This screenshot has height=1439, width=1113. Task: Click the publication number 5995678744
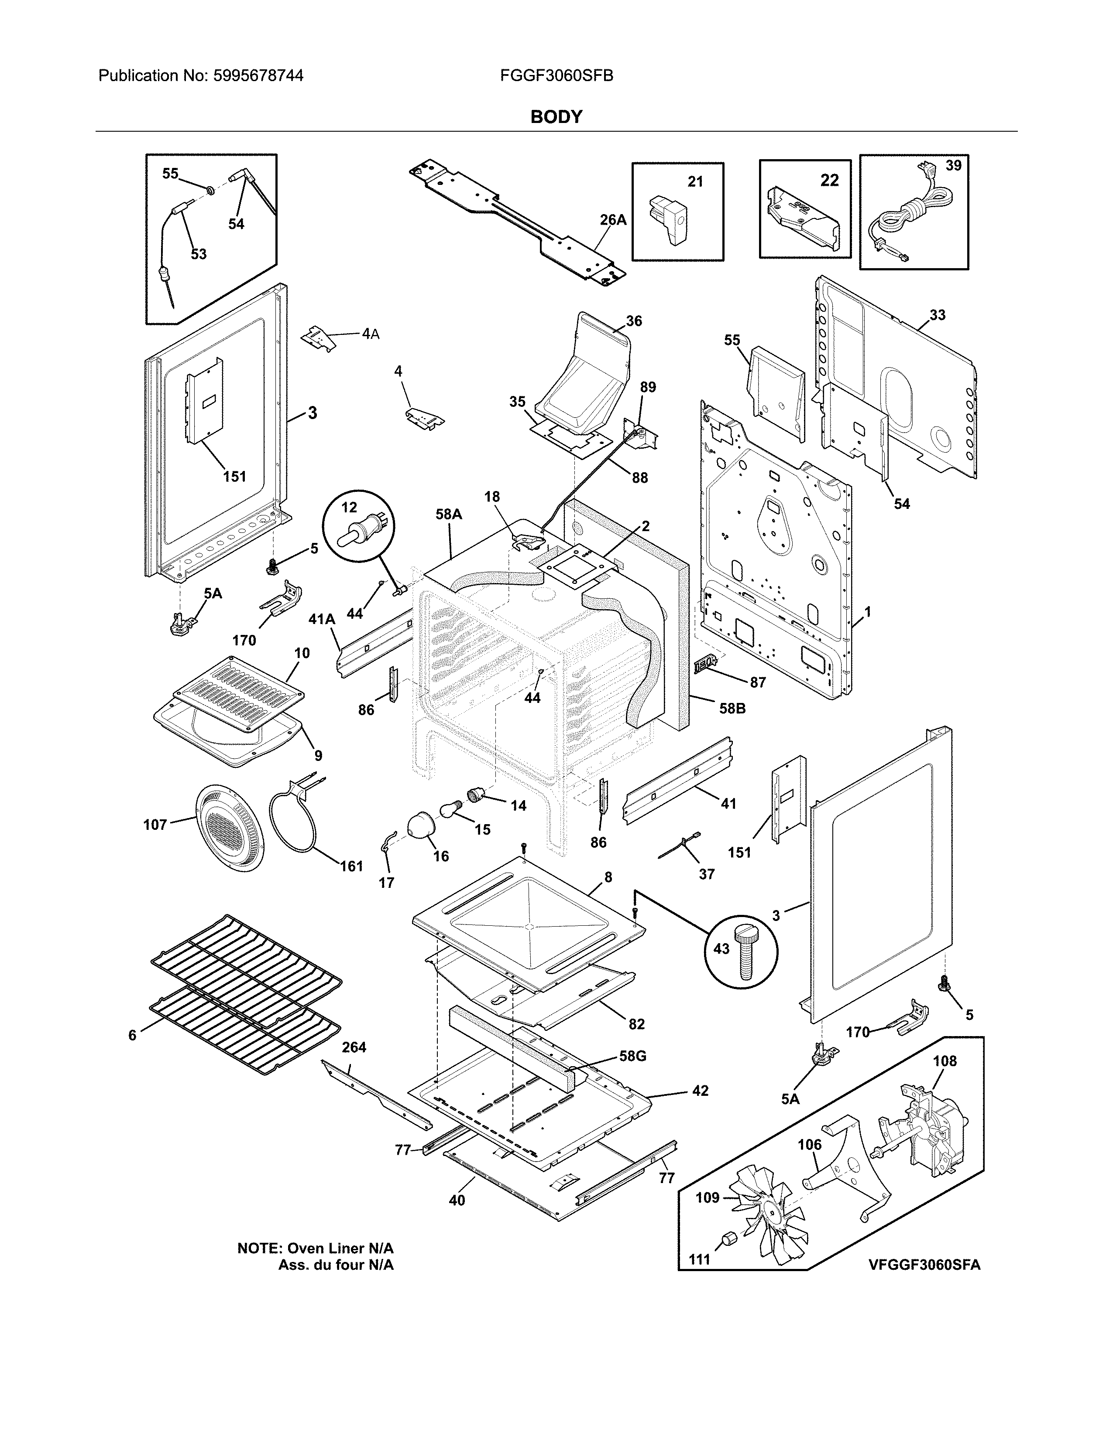click(258, 76)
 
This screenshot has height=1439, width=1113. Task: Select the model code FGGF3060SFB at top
click(556, 76)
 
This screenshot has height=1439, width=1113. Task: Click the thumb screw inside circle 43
click(748, 953)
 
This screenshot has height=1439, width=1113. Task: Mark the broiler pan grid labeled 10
click(239, 692)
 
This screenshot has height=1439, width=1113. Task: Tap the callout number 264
click(354, 1047)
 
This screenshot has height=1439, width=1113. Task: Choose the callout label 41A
click(322, 619)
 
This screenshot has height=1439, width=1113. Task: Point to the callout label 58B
click(732, 709)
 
